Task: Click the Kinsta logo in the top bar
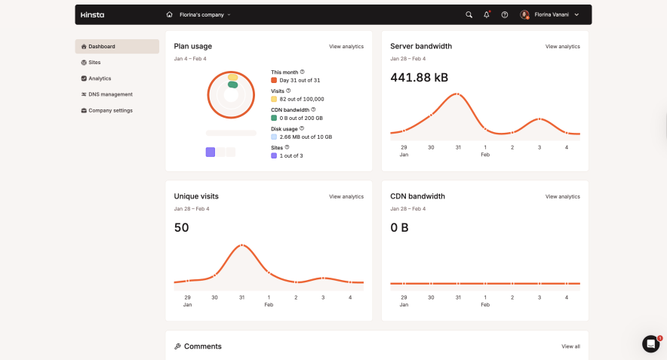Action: click(93, 14)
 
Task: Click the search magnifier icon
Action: click(469, 14)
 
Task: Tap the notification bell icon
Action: click(487, 14)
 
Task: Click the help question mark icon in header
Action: click(505, 14)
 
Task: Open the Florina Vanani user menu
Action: click(550, 14)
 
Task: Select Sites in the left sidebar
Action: click(94, 63)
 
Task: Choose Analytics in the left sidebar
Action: click(100, 78)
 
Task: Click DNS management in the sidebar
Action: click(110, 94)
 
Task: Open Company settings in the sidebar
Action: click(110, 110)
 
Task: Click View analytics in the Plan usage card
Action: click(346, 47)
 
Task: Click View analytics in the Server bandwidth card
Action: click(563, 47)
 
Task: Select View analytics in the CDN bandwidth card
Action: click(563, 196)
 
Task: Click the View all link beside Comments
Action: click(570, 346)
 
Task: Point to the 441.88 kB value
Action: click(419, 78)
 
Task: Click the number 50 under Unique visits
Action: click(182, 227)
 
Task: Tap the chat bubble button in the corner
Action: click(650, 344)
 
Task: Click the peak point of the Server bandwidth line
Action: click(457, 94)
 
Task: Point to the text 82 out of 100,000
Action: click(302, 99)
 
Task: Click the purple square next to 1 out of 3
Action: click(275, 155)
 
